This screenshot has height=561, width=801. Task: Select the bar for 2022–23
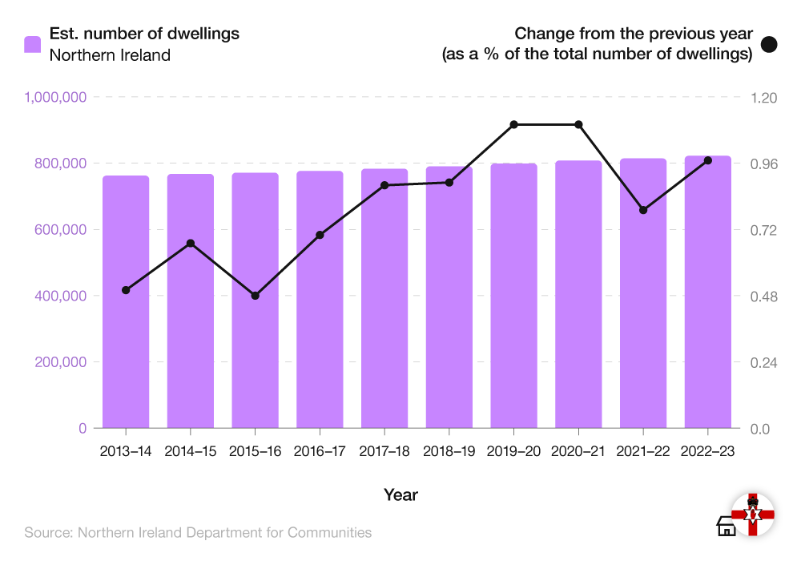click(707, 292)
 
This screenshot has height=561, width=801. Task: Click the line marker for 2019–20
click(514, 124)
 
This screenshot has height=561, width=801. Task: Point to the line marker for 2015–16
click(256, 296)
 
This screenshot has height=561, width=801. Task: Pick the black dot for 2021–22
click(642, 210)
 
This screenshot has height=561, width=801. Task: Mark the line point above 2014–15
click(191, 243)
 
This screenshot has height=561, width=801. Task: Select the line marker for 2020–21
click(578, 124)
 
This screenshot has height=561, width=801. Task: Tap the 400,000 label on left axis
click(61, 296)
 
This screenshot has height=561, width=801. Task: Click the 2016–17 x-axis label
click(320, 451)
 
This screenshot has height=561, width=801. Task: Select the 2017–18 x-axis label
click(384, 451)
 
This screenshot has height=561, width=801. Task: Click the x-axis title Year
click(400, 494)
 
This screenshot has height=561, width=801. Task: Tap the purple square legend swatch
click(32, 44)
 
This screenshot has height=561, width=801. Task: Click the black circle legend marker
click(769, 45)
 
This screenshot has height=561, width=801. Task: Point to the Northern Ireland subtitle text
click(110, 55)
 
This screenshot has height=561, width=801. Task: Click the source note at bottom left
click(198, 532)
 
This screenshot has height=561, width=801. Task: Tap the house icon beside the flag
click(726, 526)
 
